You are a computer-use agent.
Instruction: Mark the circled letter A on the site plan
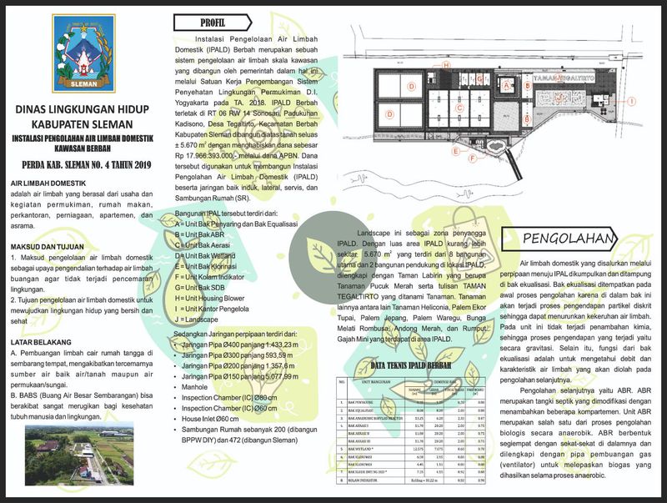coord(506,86)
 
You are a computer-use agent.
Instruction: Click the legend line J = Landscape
coord(203,319)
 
